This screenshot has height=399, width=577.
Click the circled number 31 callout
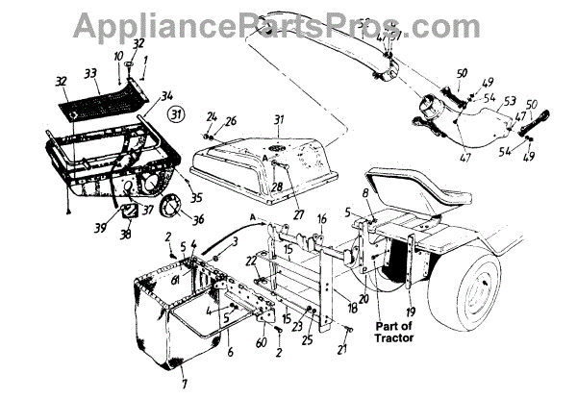pos(176,114)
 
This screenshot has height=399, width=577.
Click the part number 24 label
pos(212,116)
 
